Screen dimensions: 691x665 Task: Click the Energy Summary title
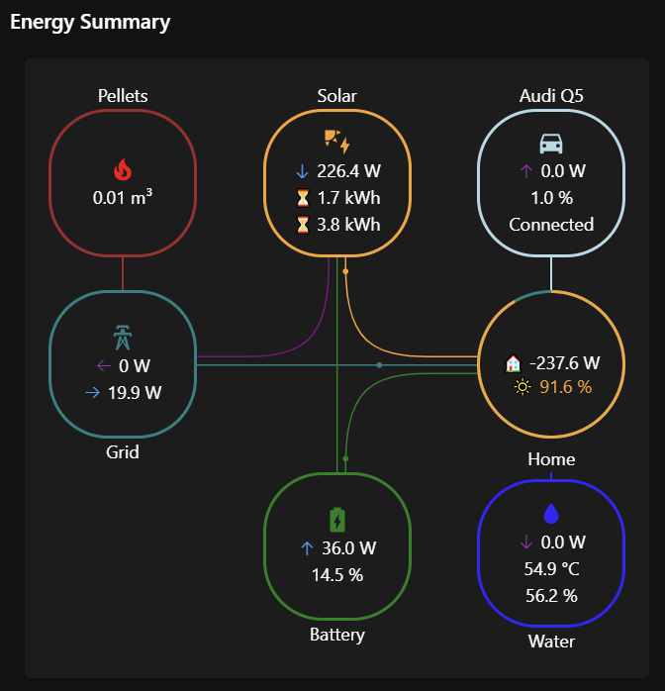click(90, 22)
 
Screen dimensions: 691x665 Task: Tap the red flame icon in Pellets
click(123, 170)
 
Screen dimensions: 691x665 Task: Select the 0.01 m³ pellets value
click(123, 197)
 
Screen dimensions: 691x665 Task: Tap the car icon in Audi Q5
click(551, 144)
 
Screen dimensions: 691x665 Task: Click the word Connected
click(551, 224)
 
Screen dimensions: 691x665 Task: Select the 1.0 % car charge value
click(551, 197)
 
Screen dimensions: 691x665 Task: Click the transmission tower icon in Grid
click(123, 338)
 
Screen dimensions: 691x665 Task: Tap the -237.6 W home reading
click(564, 362)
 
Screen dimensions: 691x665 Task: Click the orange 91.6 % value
click(565, 386)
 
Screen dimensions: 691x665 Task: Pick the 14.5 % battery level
click(337, 574)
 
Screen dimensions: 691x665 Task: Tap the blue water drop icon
click(551, 514)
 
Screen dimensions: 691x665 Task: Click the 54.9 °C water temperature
click(551, 569)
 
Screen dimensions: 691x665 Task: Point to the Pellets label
click(123, 95)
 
